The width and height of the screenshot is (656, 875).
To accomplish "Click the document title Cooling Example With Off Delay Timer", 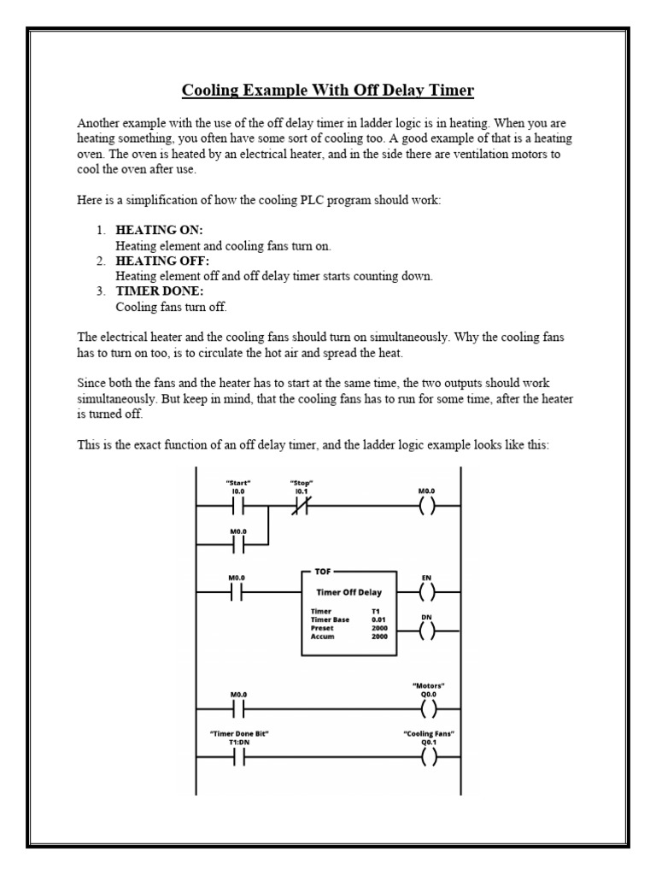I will tap(327, 91).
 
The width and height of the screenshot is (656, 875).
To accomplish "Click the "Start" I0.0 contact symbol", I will tap(238, 506).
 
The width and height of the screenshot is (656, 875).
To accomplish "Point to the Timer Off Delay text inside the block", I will tap(349, 591).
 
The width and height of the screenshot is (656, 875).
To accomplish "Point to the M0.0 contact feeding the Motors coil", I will tap(238, 708).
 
